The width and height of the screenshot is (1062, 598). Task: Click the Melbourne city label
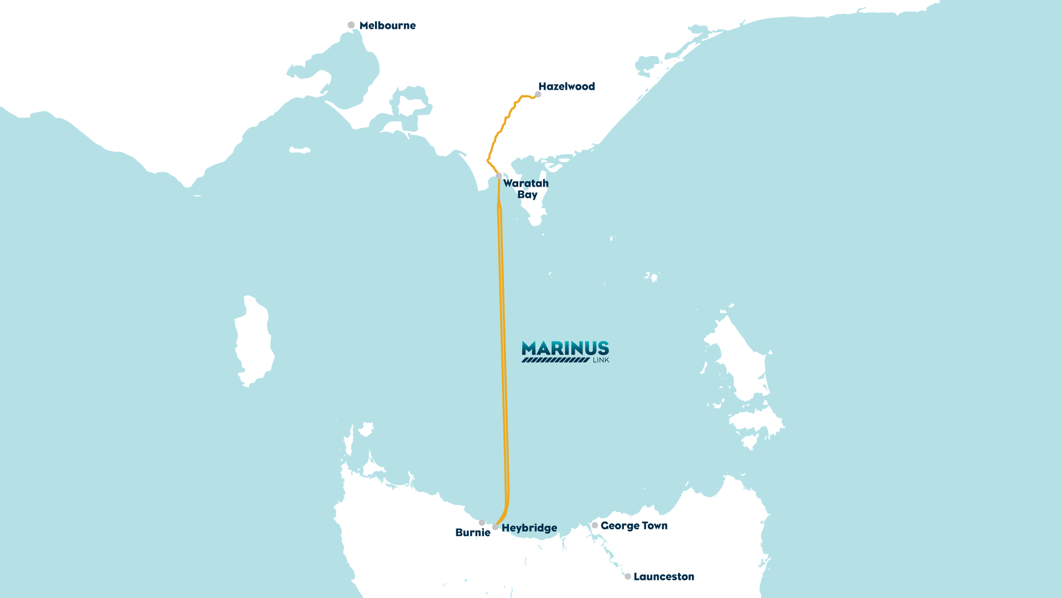[x=387, y=25]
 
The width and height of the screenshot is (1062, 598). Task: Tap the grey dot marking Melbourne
[x=351, y=25]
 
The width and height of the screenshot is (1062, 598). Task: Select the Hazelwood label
[x=566, y=86]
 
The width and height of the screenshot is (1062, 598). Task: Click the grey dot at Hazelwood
[x=538, y=95]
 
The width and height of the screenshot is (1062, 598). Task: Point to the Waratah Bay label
[x=525, y=189]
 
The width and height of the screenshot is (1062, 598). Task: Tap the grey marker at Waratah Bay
[x=498, y=176]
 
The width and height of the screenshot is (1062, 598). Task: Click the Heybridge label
[x=529, y=528]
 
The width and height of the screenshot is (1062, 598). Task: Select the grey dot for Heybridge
[x=495, y=527]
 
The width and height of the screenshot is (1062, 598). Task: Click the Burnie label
[x=472, y=533]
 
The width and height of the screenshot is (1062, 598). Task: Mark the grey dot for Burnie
[x=482, y=523]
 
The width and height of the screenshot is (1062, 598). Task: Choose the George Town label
[x=634, y=525]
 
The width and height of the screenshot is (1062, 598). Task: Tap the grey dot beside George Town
[x=595, y=525]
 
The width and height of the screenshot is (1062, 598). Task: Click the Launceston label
[x=663, y=576]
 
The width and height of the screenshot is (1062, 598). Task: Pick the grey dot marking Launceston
[x=627, y=576]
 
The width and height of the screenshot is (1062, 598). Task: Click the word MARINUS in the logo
[x=565, y=348]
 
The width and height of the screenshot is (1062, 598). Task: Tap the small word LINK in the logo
[x=601, y=360]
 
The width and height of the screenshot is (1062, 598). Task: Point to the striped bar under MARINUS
[x=555, y=360]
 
